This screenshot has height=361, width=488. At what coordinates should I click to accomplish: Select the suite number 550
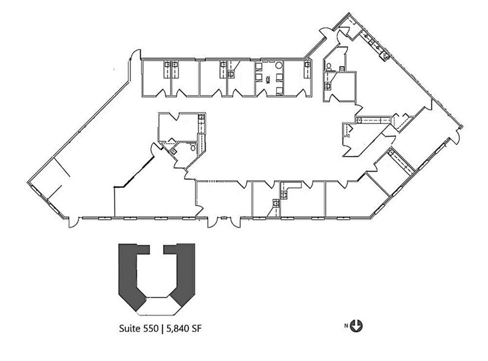[x=151, y=328]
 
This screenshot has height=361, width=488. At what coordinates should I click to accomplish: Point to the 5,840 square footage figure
[x=177, y=328]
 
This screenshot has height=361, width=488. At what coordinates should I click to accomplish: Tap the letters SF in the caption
[x=195, y=328]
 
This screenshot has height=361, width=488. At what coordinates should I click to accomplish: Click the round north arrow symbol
[x=357, y=326]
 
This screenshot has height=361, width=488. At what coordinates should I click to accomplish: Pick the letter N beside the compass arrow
[x=346, y=326]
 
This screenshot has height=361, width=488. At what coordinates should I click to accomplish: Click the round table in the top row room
[x=279, y=65]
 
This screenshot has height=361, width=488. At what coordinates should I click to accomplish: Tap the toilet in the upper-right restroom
[x=328, y=66]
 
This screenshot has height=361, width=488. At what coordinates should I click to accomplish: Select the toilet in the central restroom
[x=193, y=147]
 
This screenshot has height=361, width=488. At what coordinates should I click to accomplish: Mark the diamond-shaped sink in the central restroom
[x=173, y=152]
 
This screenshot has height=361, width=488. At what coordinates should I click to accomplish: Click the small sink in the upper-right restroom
[x=342, y=69]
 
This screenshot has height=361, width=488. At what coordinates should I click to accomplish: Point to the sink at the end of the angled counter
[x=386, y=56]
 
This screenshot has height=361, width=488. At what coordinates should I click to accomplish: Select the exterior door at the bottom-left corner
[x=74, y=222]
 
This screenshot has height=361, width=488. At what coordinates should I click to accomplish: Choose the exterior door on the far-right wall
[x=454, y=136]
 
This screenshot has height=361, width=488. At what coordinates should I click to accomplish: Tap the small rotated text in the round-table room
[x=268, y=79]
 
